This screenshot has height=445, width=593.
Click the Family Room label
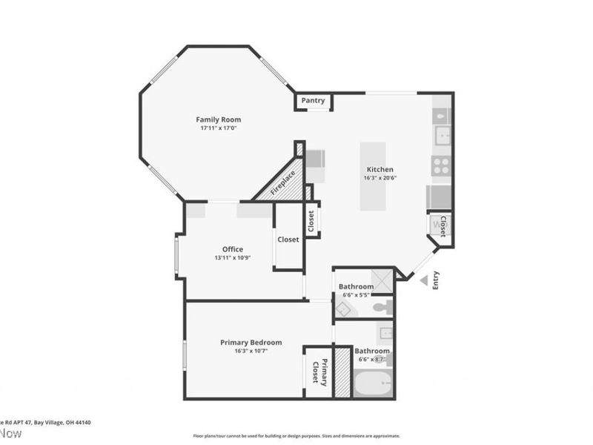click(x=218, y=119)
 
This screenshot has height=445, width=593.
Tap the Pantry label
click(x=313, y=100)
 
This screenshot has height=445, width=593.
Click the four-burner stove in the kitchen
click(x=442, y=165)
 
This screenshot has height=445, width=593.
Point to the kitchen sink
click(x=443, y=135)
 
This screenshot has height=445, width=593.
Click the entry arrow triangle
click(x=424, y=280)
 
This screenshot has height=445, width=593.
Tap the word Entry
click(x=435, y=280)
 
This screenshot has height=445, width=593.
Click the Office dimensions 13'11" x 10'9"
click(x=233, y=258)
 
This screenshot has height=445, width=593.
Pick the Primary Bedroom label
click(x=251, y=342)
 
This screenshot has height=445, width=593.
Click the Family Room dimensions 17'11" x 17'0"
click(x=218, y=128)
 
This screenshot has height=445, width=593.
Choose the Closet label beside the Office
click(x=288, y=240)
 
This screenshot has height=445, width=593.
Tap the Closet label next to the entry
click(x=443, y=226)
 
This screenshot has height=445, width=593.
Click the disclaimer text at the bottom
click(x=296, y=436)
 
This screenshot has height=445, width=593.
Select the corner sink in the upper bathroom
click(x=343, y=309)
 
